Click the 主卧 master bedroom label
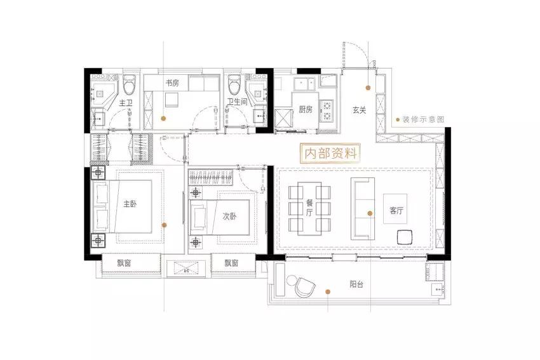(x=130, y=204)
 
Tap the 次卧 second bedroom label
(x=230, y=216)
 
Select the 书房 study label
(x=172, y=83)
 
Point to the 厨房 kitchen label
(x=306, y=109)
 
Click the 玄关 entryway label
(x=359, y=110)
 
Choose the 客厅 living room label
(x=396, y=210)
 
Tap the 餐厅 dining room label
(x=309, y=208)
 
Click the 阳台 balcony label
(x=356, y=284)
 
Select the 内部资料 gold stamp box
(x=330, y=153)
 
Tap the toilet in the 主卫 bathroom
(x=130, y=84)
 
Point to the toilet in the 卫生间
(x=234, y=84)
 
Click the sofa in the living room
(x=362, y=208)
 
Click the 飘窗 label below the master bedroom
(x=124, y=263)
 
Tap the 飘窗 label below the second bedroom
(x=231, y=263)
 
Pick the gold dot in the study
(x=163, y=118)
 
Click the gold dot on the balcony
(x=328, y=291)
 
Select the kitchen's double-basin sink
(x=304, y=83)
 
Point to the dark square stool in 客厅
(x=405, y=237)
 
